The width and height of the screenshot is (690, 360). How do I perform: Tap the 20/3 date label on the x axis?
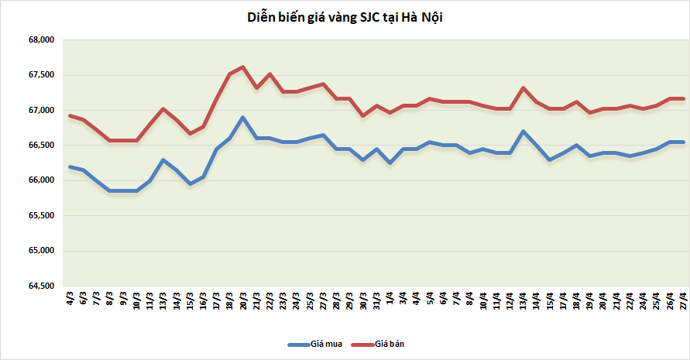click(243, 300)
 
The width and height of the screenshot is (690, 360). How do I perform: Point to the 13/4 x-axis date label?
click(524, 300)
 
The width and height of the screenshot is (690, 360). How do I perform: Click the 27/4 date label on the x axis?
click(683, 300)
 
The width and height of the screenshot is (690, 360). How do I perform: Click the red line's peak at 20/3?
click(243, 67)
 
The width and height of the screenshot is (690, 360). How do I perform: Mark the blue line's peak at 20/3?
click(243, 118)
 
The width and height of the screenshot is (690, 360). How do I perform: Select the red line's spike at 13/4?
click(524, 87)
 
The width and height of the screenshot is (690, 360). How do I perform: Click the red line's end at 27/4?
click(683, 98)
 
